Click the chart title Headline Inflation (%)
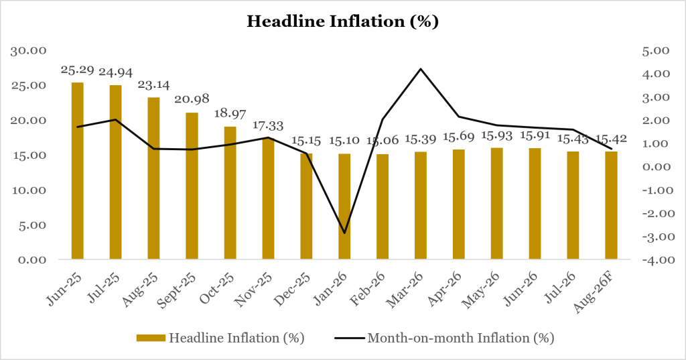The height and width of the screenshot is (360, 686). pyautogui.click(x=342, y=21)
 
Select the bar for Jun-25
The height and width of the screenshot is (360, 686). pyautogui.click(x=78, y=171)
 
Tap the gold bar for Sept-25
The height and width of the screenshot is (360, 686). pyautogui.click(x=192, y=186)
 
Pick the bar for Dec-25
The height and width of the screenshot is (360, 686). pyautogui.click(x=306, y=206)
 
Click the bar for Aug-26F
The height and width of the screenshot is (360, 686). pyautogui.click(x=611, y=205)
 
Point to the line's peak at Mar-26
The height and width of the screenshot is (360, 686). pyautogui.click(x=421, y=69)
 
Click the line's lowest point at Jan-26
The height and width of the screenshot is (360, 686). pyautogui.click(x=344, y=233)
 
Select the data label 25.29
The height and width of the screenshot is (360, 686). pyautogui.click(x=78, y=70)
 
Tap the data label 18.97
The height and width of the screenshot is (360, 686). pyautogui.click(x=230, y=113)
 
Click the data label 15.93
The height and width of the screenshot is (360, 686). pyautogui.click(x=496, y=136)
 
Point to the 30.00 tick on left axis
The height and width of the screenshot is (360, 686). pyautogui.click(x=29, y=50)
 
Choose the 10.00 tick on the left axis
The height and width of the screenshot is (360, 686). pyautogui.click(x=29, y=190)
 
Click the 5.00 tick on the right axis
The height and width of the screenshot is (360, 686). pyautogui.click(x=656, y=50)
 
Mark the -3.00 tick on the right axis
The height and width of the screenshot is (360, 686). pyautogui.click(x=654, y=237)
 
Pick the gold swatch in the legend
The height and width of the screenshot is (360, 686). pyautogui.click(x=151, y=338)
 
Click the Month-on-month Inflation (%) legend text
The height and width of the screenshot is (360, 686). pyautogui.click(x=461, y=338)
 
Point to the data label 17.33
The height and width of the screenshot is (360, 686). pyautogui.click(x=268, y=126)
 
